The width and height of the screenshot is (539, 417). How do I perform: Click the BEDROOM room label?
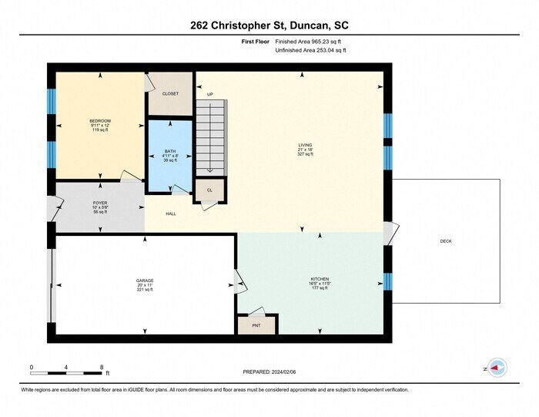[x=100, y=121]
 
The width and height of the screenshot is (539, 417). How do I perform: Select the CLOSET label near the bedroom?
[x=170, y=94]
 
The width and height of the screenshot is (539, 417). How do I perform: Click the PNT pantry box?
[x=256, y=325]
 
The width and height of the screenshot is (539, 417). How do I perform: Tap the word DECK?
[x=446, y=241]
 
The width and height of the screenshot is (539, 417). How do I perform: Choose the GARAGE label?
[x=145, y=281]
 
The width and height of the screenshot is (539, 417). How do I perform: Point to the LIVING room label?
[x=306, y=144]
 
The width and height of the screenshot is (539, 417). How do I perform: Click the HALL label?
[x=171, y=214]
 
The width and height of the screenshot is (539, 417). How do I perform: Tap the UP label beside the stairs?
[x=209, y=94]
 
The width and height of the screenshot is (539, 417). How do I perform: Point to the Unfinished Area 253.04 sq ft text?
[x=310, y=51]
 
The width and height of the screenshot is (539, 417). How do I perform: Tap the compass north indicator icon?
[x=497, y=369]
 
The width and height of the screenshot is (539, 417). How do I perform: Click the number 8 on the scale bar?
[x=102, y=367]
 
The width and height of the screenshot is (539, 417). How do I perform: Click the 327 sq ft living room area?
[x=306, y=154]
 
